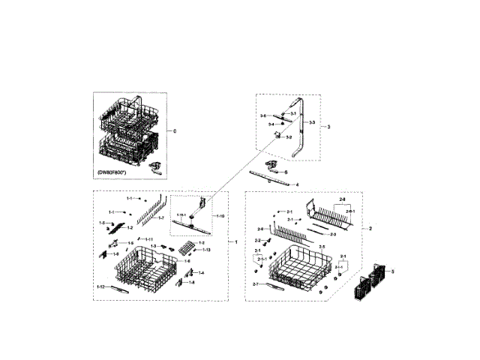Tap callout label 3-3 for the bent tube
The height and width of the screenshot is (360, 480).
pyautogui.click(x=310, y=122)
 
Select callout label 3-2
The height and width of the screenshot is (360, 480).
pyautogui.click(x=288, y=138)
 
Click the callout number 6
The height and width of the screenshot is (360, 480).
pyautogui.click(x=286, y=172)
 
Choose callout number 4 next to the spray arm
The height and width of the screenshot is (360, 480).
pyautogui.click(x=297, y=184)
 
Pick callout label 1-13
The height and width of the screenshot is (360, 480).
pyautogui.click(x=206, y=250)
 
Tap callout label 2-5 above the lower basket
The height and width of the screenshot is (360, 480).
pyautogui.click(x=321, y=247)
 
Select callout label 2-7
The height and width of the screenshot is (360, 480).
pyautogui.click(x=256, y=285)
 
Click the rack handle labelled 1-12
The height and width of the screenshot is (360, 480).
pyautogui.click(x=120, y=288)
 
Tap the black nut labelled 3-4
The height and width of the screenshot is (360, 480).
pyautogui.click(x=281, y=124)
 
